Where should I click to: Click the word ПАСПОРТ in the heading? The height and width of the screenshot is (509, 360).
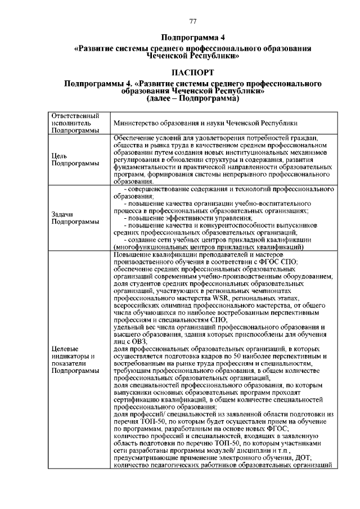pyautogui.click(x=192, y=73)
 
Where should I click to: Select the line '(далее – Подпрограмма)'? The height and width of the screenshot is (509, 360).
pyautogui.click(x=192, y=98)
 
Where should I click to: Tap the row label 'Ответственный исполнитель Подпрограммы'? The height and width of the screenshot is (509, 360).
pyautogui.click(x=71, y=123)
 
